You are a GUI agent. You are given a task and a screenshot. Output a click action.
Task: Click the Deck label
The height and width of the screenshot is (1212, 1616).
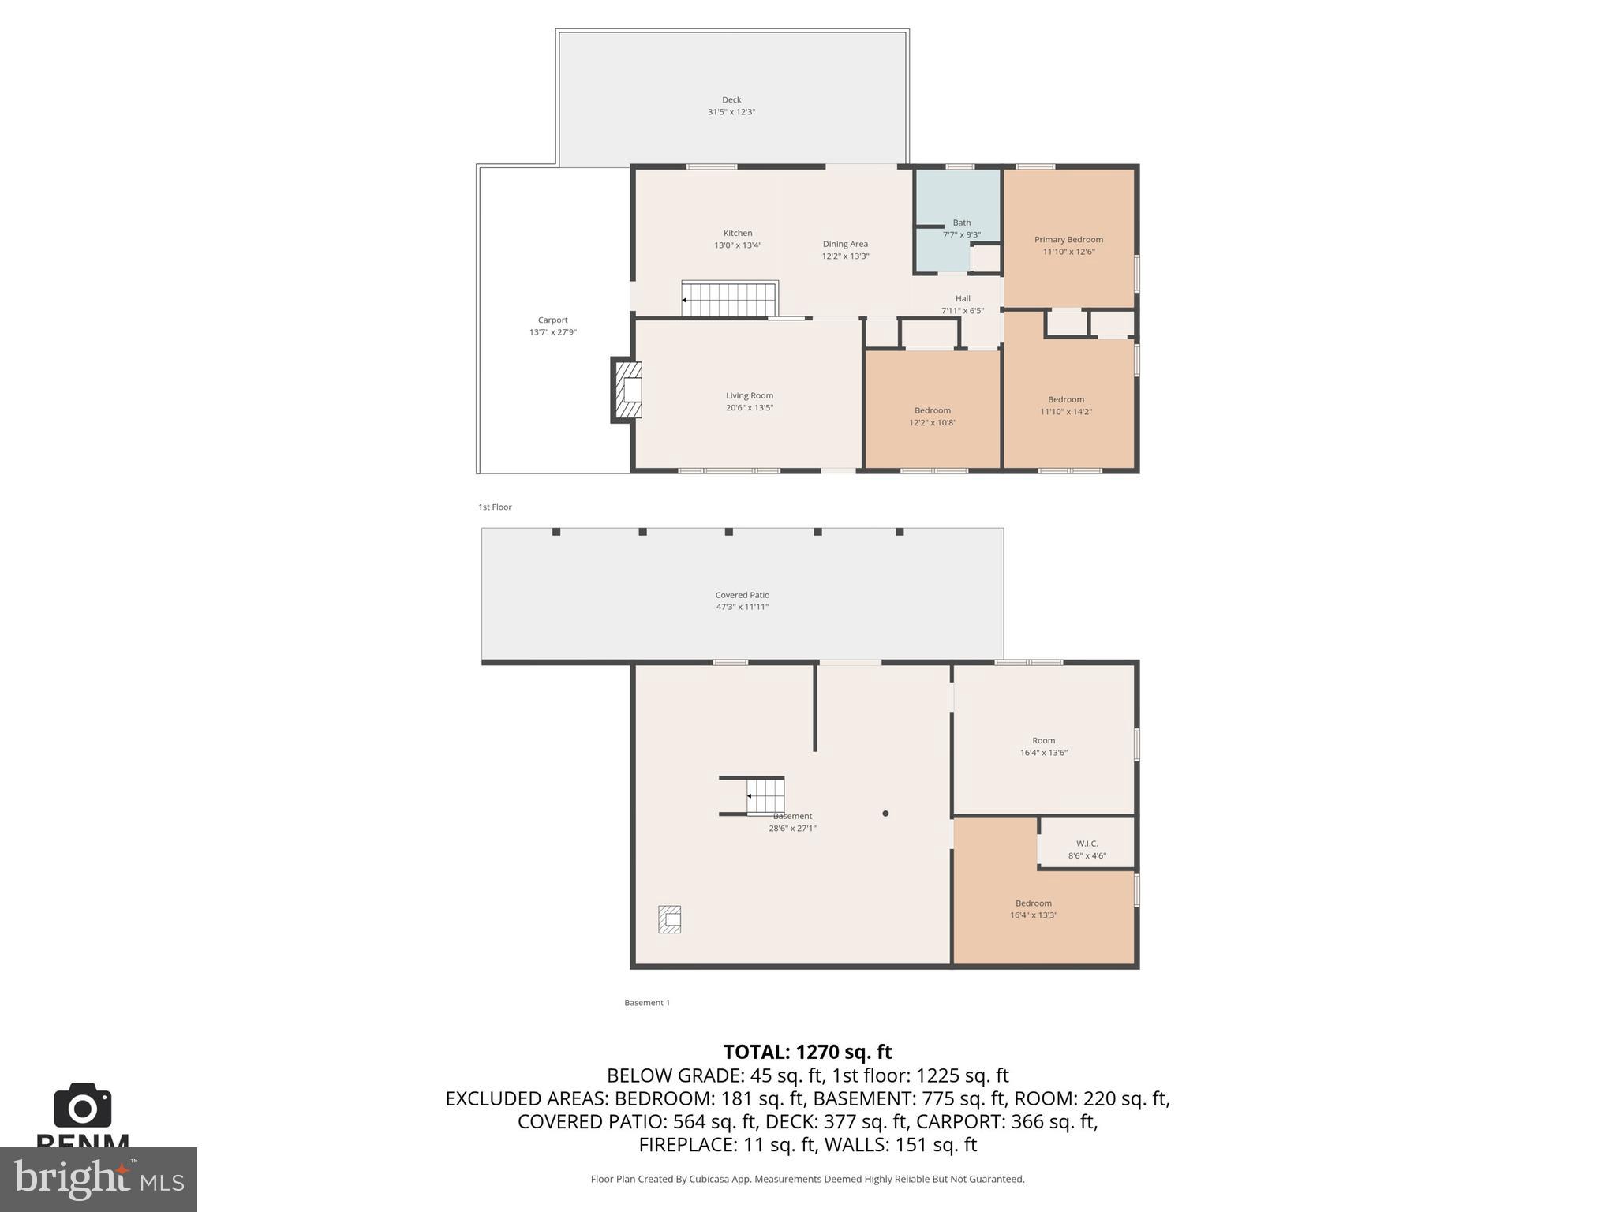731,99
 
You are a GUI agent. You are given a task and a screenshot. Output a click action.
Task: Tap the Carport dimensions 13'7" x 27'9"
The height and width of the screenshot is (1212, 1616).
552,332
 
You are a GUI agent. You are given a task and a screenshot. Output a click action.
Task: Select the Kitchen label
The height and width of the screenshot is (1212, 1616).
738,233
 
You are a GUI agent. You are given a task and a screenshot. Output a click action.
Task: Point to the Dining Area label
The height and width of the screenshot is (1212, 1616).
845,244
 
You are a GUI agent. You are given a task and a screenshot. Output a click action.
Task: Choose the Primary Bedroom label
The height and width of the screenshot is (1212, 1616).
1068,239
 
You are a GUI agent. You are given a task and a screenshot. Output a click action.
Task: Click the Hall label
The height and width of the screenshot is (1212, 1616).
963,298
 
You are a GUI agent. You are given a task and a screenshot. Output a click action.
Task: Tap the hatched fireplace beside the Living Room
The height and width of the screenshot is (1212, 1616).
628,391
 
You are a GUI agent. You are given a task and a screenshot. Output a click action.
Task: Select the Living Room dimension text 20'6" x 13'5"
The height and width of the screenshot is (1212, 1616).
749,408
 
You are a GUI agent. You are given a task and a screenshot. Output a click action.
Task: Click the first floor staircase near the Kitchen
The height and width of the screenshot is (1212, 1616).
730,300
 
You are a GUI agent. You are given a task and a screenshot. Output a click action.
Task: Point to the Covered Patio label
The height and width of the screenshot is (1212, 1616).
742,595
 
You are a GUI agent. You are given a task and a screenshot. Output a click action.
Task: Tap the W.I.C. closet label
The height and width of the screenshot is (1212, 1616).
1087,844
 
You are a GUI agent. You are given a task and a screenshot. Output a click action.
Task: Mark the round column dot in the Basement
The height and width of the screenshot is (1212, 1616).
885,814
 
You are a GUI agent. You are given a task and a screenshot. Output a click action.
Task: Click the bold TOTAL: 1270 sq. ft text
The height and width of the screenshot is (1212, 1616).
807,1052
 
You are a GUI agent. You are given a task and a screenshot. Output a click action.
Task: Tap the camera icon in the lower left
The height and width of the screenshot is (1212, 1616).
83,1106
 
